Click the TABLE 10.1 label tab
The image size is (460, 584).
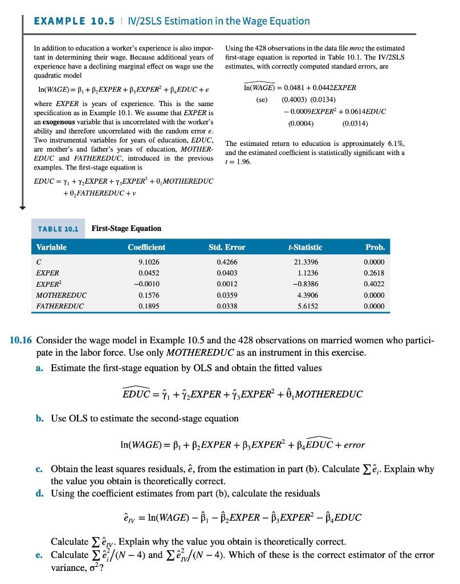click(58, 229)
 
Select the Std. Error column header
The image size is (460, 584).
click(227, 248)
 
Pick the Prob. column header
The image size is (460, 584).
click(374, 248)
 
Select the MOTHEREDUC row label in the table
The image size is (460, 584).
click(61, 295)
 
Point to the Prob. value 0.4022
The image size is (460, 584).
click(374, 285)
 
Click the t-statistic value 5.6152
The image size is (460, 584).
click(305, 306)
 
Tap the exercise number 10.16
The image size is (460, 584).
click(21, 342)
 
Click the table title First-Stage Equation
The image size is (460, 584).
click(126, 229)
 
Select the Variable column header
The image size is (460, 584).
click(51, 248)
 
